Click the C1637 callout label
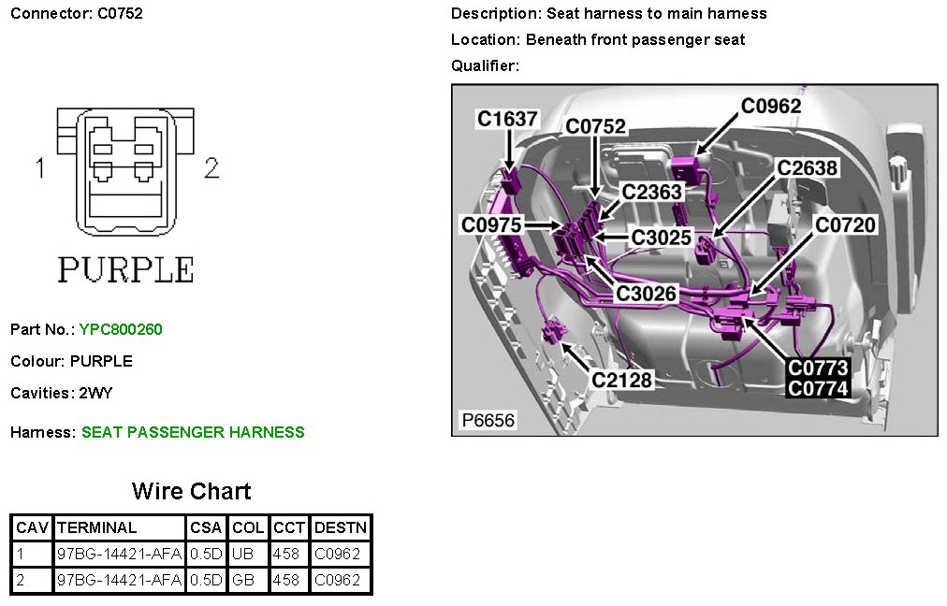pyautogui.click(x=507, y=120)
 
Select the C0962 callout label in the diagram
pyautogui.click(x=771, y=107)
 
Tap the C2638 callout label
pyautogui.click(x=808, y=168)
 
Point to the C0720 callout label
pyautogui.click(x=845, y=225)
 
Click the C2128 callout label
pyautogui.click(x=621, y=380)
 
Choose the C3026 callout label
pyautogui.click(x=646, y=294)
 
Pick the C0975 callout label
pyautogui.click(x=491, y=225)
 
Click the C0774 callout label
pyautogui.click(x=818, y=388)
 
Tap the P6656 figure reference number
pyautogui.click(x=488, y=421)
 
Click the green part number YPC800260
pyautogui.click(x=121, y=329)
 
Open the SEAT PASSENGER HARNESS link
pyautogui.click(x=193, y=432)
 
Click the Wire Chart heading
pyautogui.click(x=191, y=492)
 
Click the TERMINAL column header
pyautogui.click(x=97, y=527)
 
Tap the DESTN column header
pyautogui.click(x=341, y=527)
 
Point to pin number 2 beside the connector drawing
pyautogui.click(x=211, y=168)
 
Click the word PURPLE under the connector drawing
pyautogui.click(x=125, y=269)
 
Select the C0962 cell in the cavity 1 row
pyautogui.click(x=337, y=554)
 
